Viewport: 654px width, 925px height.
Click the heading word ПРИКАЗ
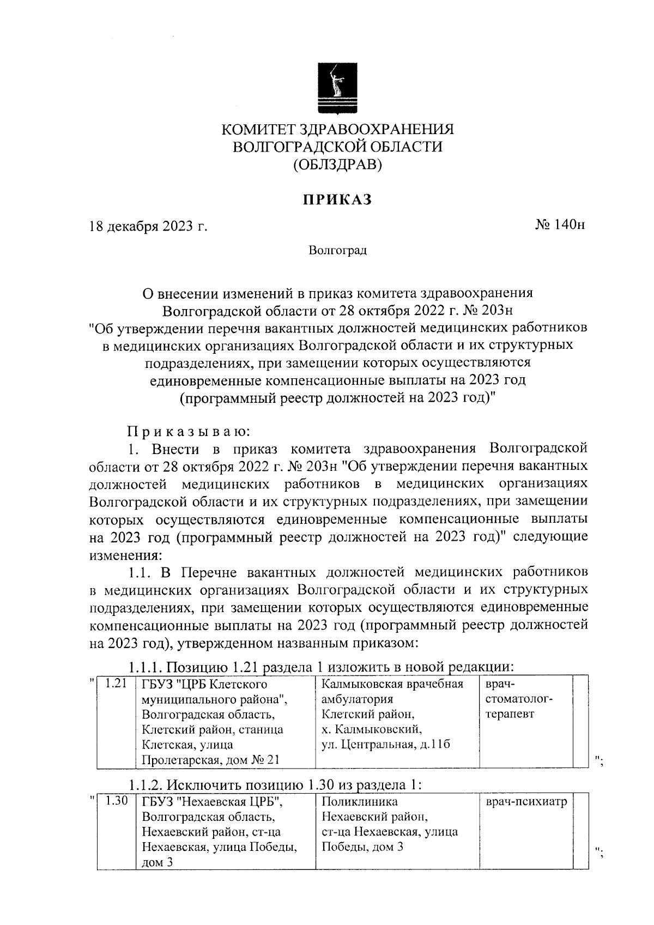pyautogui.click(x=337, y=200)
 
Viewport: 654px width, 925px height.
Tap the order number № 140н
pyautogui.click(x=560, y=225)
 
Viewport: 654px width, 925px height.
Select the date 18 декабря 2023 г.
pyautogui.click(x=149, y=226)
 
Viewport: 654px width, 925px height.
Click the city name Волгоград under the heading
pyautogui.click(x=337, y=251)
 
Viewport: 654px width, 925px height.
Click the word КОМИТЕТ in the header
pyautogui.click(x=256, y=130)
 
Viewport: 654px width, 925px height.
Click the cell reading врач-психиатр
pyautogui.click(x=526, y=802)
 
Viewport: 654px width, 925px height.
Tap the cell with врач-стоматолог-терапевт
pyautogui.click(x=518, y=699)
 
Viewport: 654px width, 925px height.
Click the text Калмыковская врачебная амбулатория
pyautogui.click(x=392, y=691)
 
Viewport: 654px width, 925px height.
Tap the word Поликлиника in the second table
pyautogui.click(x=360, y=802)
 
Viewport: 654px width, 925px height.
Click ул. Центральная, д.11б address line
pyautogui.click(x=386, y=745)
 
